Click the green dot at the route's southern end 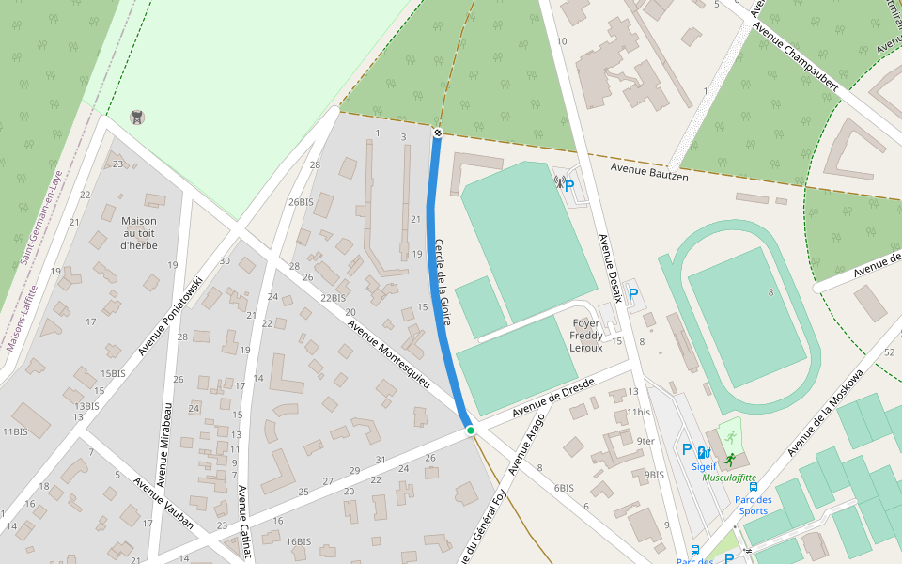pyautogui.click(x=471, y=431)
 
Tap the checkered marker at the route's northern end pyautogui.click(x=437, y=133)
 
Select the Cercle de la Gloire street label pyautogui.click(x=443, y=282)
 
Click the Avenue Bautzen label pyautogui.click(x=649, y=171)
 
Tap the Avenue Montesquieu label pyautogui.click(x=389, y=354)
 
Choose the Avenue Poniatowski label pyautogui.click(x=171, y=316)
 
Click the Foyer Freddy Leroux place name pyautogui.click(x=585, y=336)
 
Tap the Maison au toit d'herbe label pyautogui.click(x=139, y=233)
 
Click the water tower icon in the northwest pyautogui.click(x=137, y=117)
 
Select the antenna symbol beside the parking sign pyautogui.click(x=557, y=183)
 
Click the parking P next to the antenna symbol pyautogui.click(x=569, y=186)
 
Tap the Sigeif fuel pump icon pyautogui.click(x=704, y=451)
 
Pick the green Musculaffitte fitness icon pyautogui.click(x=730, y=436)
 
